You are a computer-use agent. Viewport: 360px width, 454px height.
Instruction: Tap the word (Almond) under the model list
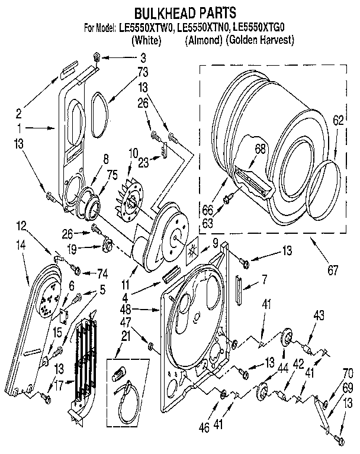tap(202, 40)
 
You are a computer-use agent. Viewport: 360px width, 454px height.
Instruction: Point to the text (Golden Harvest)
tap(259, 40)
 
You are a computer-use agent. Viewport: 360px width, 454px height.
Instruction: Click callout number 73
tap(143, 72)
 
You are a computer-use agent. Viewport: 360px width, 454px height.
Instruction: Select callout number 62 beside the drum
tap(337, 121)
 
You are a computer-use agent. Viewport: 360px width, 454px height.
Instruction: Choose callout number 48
tap(143, 308)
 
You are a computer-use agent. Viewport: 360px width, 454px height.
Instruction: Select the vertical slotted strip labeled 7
tap(238, 288)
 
